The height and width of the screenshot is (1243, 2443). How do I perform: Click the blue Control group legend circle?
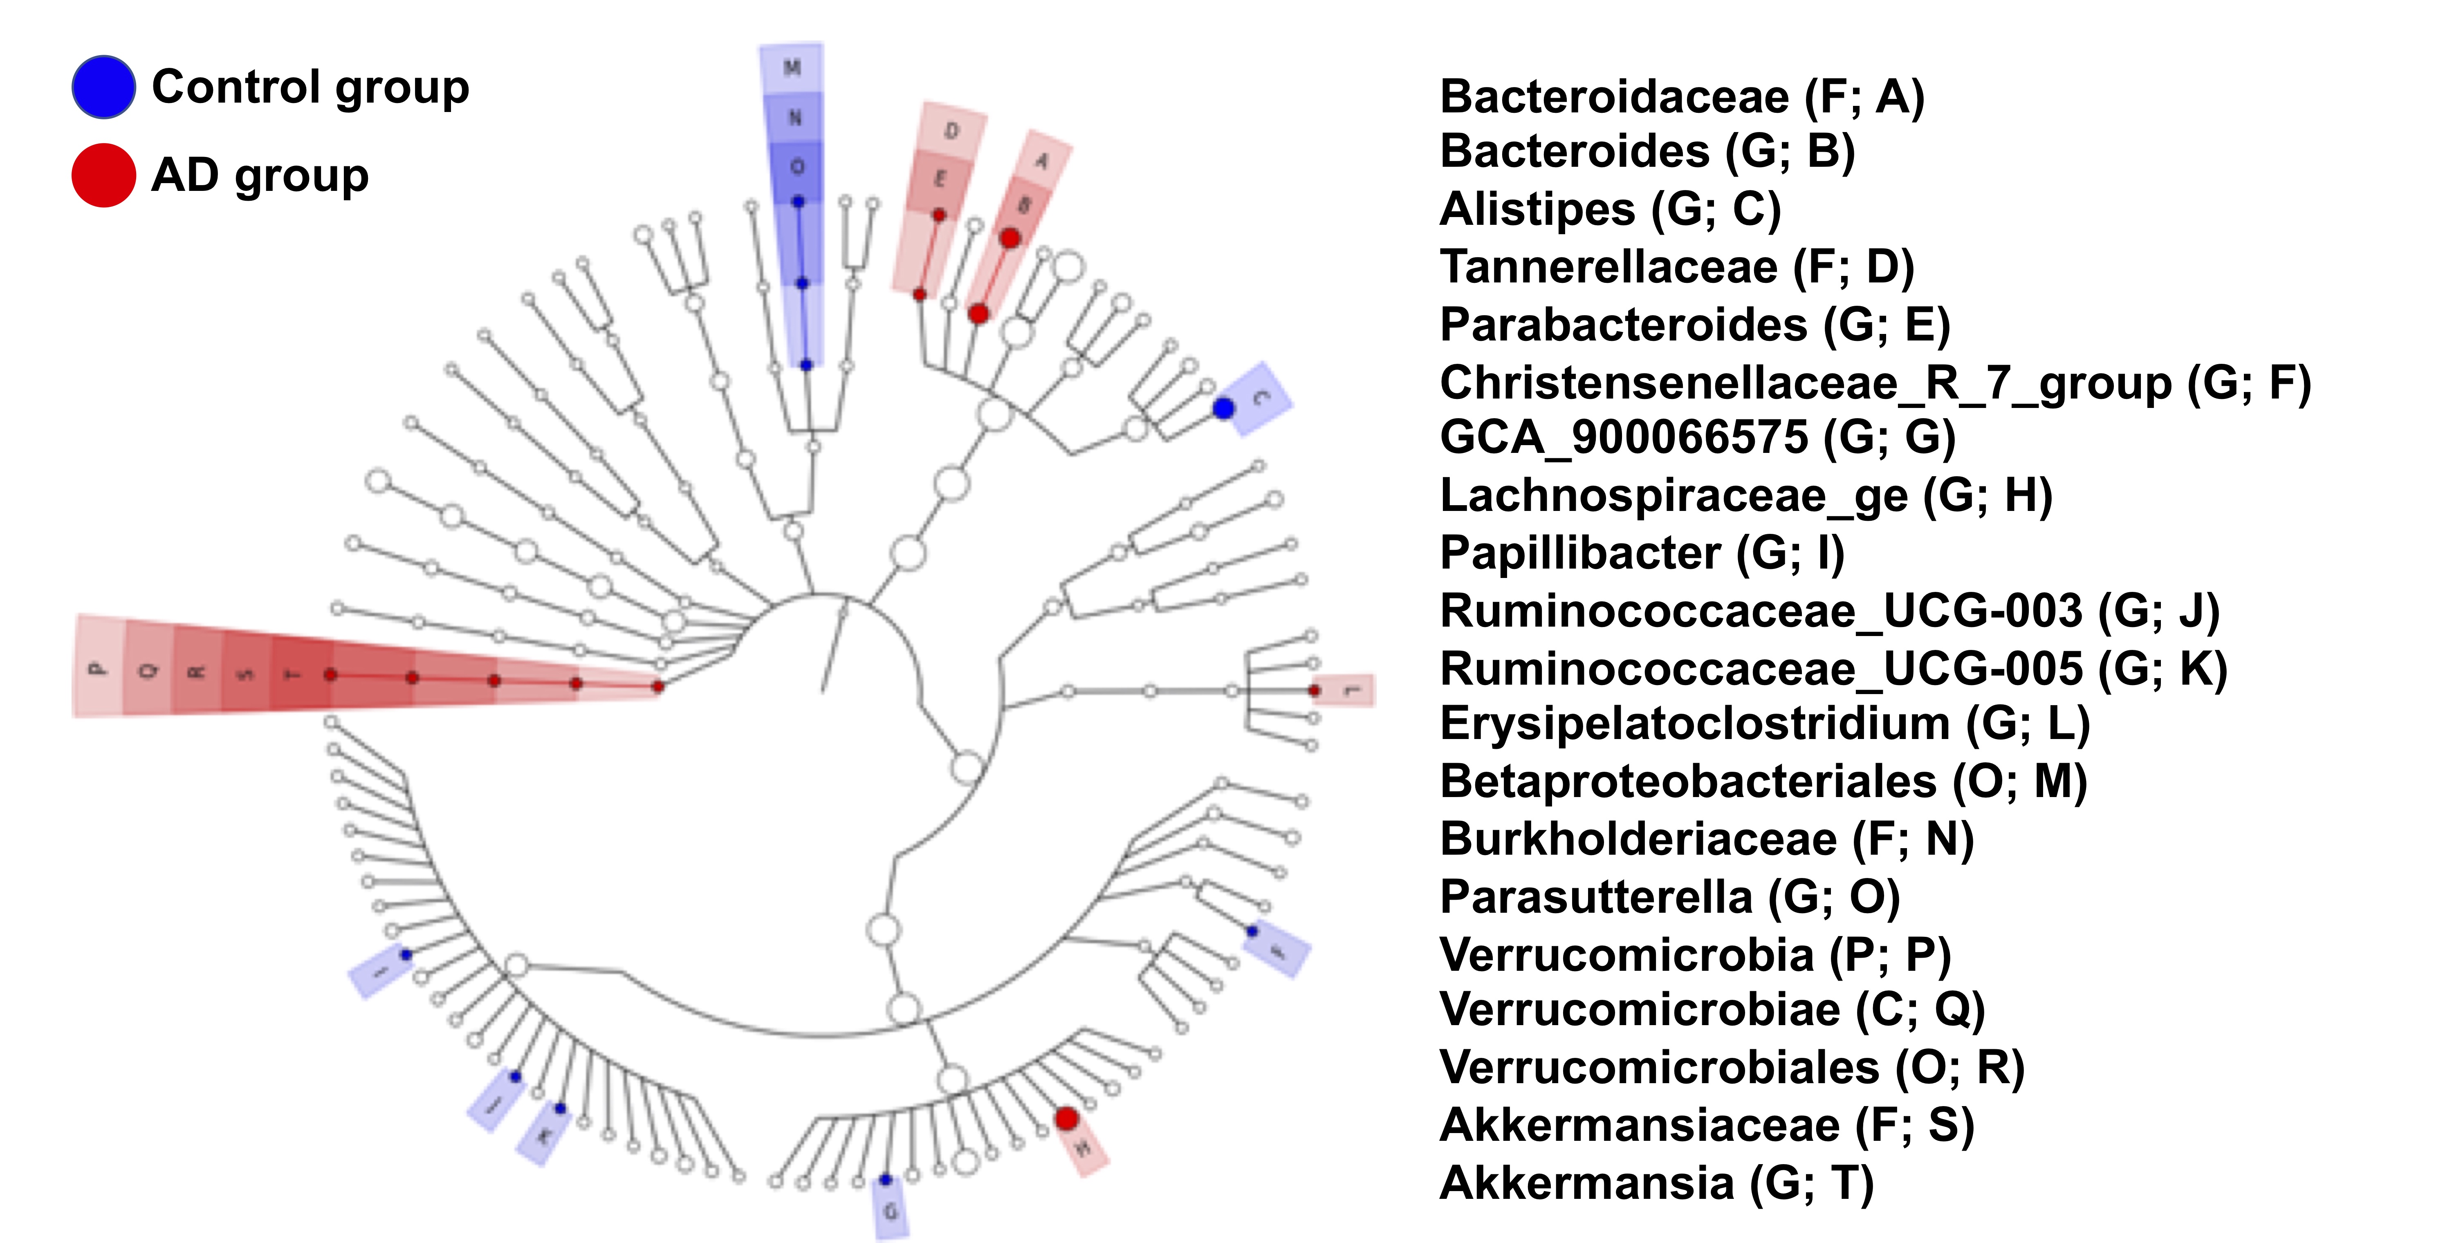click(x=103, y=87)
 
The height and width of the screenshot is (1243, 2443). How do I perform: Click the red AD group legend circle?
click(x=103, y=175)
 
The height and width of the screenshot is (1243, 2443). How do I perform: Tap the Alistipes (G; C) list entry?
click(x=1609, y=210)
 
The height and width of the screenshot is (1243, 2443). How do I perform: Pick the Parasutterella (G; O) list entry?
click(x=1669, y=897)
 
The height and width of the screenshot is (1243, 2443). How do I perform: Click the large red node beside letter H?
click(x=1067, y=1119)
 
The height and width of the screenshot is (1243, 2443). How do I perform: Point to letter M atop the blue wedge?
click(x=792, y=67)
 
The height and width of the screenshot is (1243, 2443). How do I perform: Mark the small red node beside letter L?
click(x=1315, y=690)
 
